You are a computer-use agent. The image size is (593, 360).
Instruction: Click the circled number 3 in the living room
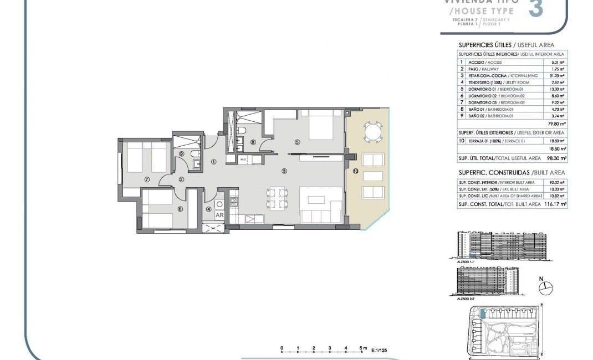pyautogui.click(x=284, y=171)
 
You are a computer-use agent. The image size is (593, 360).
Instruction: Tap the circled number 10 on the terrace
pyautogui.click(x=355, y=172)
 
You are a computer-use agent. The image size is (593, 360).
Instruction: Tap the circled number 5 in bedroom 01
pyautogui.click(x=297, y=142)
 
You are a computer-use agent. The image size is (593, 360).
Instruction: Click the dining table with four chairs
pyautogui.click(x=276, y=198)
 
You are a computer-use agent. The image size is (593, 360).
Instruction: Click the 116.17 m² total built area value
pyautogui.click(x=555, y=204)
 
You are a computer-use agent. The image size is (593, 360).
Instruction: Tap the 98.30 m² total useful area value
pyautogui.click(x=556, y=158)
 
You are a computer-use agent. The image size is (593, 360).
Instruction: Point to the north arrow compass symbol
pyautogui.click(x=546, y=286)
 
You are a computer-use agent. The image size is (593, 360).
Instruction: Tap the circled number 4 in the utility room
pyautogui.click(x=209, y=209)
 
